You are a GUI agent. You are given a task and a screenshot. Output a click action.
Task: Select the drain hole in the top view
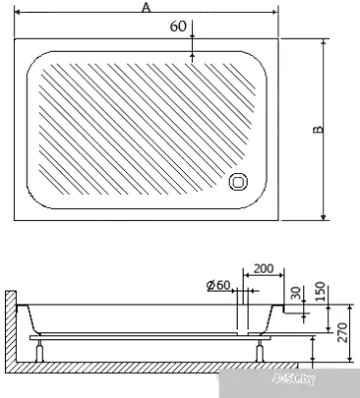(x=240, y=181)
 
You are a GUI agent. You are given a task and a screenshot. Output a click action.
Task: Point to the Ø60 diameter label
(x=219, y=287)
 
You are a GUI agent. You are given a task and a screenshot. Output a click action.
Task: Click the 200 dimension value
(x=264, y=269)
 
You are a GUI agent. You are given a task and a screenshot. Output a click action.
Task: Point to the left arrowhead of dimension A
(x=17, y=14)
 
